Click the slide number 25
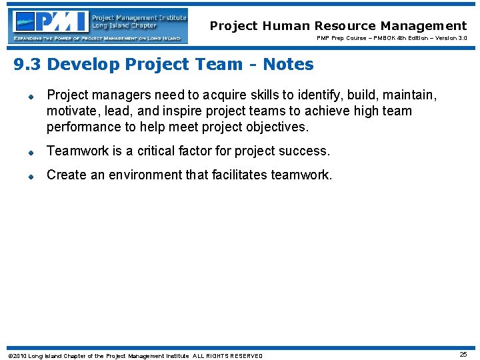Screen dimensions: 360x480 (463, 355)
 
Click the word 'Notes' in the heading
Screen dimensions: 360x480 (288, 65)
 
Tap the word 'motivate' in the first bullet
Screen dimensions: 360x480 (71, 111)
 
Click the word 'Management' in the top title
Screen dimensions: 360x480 (424, 26)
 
